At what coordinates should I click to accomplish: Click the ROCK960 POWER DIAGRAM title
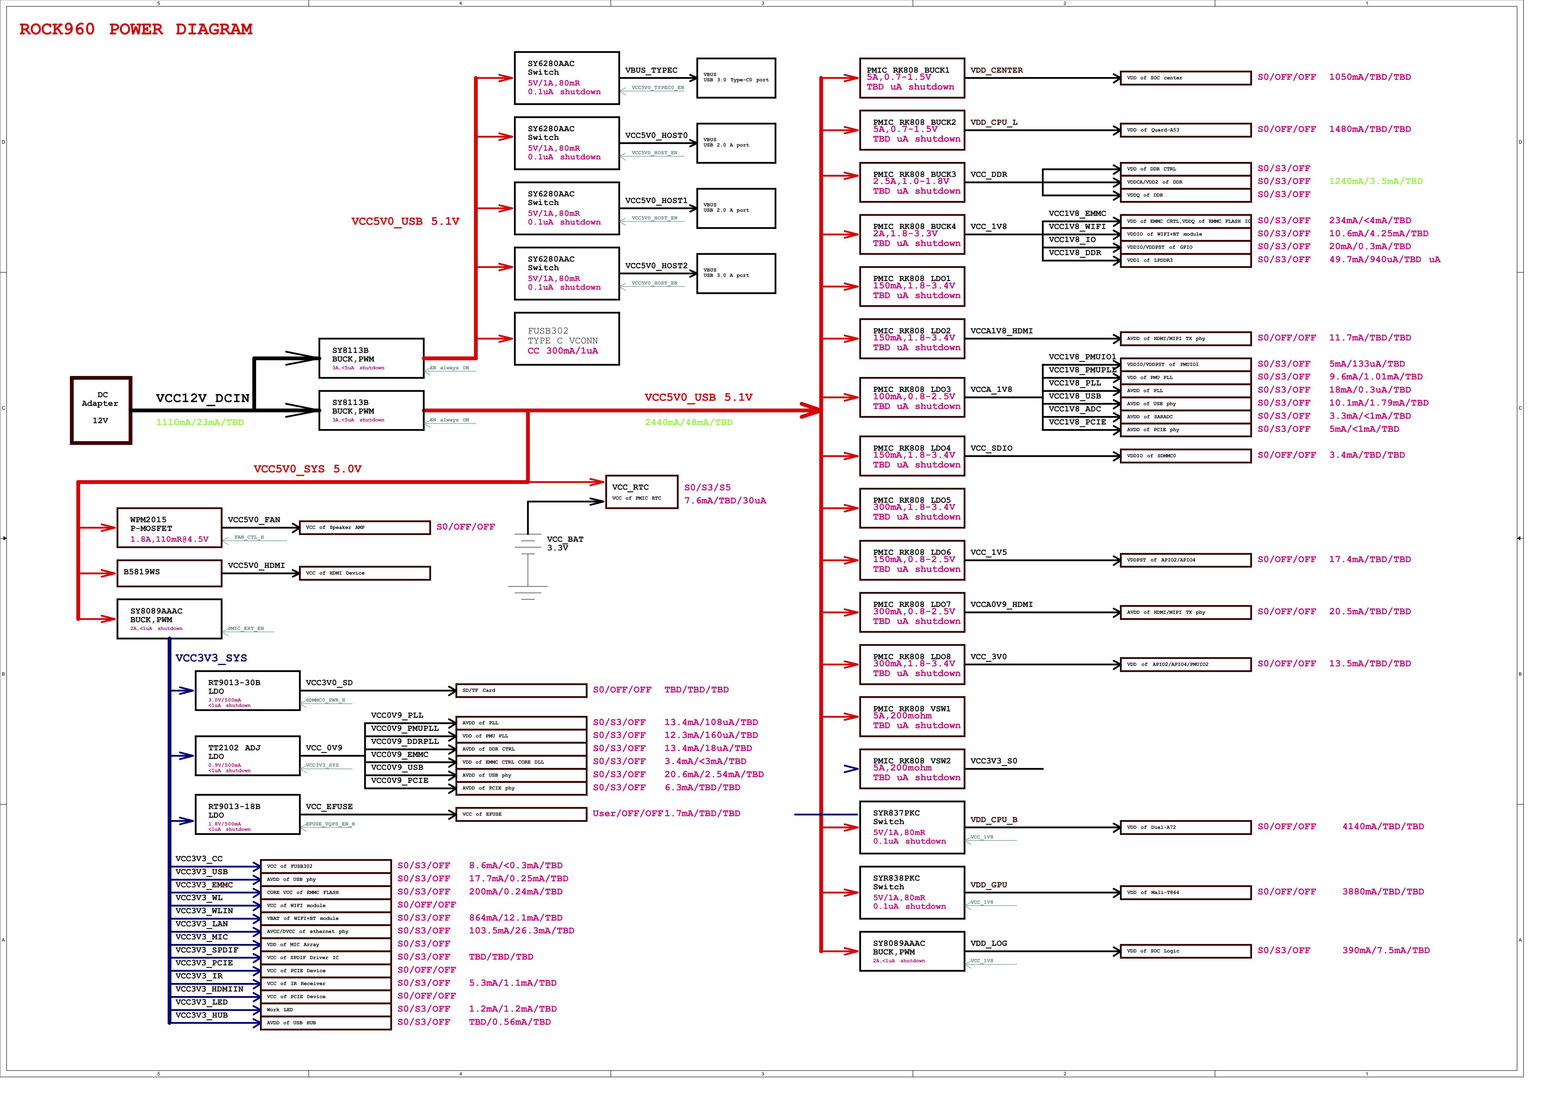coord(135,29)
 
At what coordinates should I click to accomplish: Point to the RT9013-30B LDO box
coord(247,691)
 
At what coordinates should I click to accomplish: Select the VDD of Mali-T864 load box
coord(1185,892)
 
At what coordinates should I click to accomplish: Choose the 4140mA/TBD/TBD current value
coord(1382,827)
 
